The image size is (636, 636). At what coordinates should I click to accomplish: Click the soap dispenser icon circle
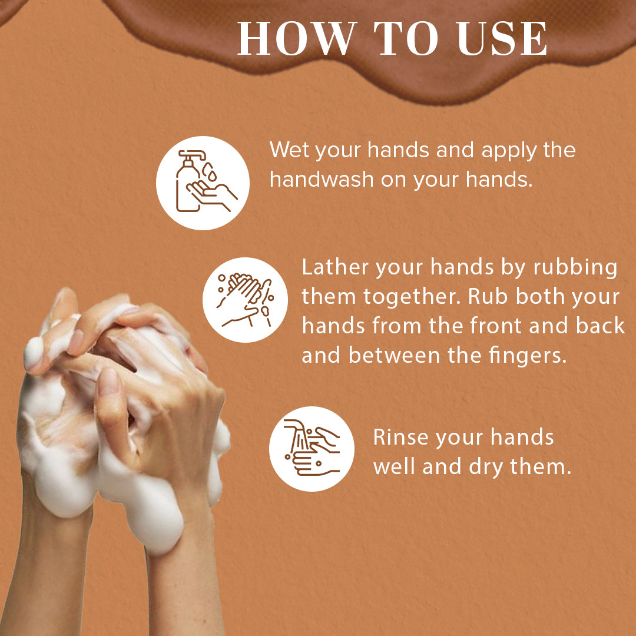[203, 183]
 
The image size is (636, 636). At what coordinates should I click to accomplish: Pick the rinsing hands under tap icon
[312, 449]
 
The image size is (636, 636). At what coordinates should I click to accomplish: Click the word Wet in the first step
[289, 150]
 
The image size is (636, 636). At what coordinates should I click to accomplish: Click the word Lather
[335, 267]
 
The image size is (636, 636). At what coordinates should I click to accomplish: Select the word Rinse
[401, 438]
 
